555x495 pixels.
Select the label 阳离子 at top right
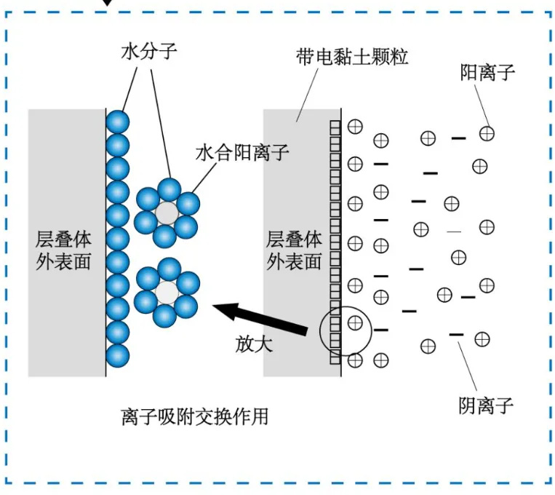(x=487, y=72)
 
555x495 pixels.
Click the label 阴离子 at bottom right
(x=486, y=405)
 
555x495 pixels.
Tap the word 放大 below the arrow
(x=254, y=344)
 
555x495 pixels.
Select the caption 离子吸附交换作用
(x=194, y=416)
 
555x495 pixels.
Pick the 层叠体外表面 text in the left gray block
(x=63, y=250)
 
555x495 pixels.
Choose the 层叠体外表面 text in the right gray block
(x=294, y=250)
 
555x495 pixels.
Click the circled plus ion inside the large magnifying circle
(x=355, y=322)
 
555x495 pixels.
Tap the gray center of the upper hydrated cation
(x=167, y=213)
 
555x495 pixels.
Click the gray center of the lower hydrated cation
(x=167, y=293)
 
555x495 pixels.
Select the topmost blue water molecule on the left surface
(x=117, y=121)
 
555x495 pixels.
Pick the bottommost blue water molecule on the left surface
(x=117, y=355)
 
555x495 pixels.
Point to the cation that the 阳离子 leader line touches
(x=487, y=133)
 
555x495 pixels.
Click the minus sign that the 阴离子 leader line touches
(x=456, y=334)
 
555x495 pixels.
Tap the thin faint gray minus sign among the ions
(x=454, y=231)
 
